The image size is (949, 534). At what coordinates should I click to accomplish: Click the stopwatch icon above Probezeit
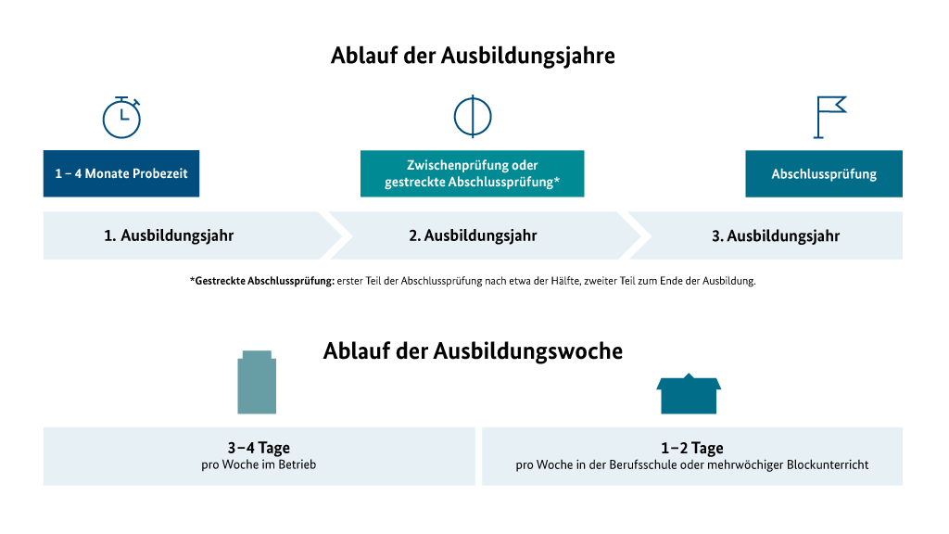coord(121,117)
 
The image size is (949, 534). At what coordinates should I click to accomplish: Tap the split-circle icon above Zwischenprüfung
coord(473,116)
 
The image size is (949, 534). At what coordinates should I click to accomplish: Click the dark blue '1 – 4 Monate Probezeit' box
coord(121,173)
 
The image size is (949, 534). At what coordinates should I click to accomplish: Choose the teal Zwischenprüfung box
coord(472,173)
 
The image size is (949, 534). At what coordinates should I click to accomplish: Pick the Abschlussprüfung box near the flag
coord(824,173)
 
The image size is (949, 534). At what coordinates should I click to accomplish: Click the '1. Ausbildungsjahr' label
coord(169,235)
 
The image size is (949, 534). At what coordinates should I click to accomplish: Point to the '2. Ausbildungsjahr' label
coord(473,235)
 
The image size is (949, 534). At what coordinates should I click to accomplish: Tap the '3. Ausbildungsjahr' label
coord(776,236)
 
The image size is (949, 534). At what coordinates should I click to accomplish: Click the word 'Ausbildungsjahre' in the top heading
coord(527,56)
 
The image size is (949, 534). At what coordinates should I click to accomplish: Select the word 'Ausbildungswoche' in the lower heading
coord(527,351)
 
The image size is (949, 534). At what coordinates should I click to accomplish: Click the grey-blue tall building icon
coord(257,382)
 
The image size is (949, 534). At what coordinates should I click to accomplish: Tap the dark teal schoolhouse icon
coord(689,393)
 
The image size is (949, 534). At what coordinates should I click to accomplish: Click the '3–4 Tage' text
coord(259,448)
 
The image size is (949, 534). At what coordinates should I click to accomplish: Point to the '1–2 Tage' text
coord(692,448)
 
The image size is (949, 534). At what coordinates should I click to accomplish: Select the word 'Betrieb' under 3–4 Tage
coord(297,465)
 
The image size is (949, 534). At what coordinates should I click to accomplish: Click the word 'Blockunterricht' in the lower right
coord(828,465)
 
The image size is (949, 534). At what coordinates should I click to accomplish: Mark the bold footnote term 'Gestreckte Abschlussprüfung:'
coord(262,281)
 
